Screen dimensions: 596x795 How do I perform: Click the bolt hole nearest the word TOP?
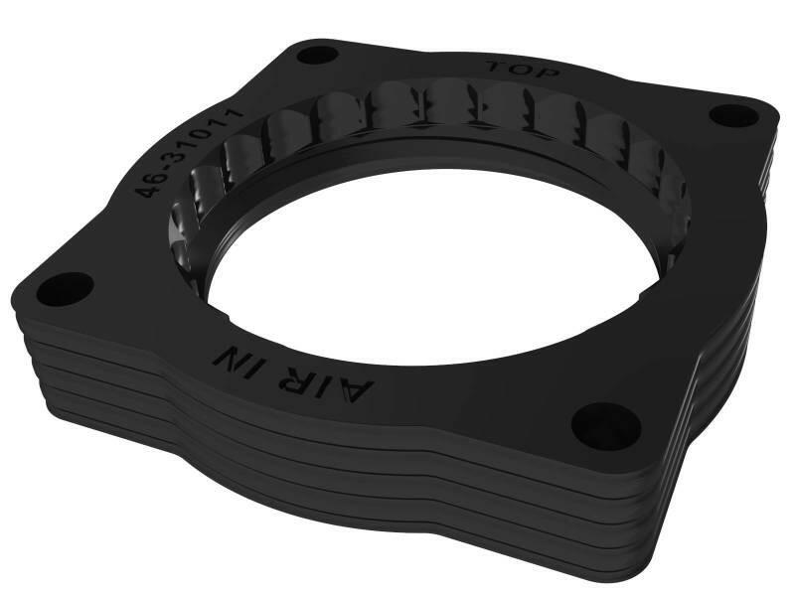[x=318, y=54]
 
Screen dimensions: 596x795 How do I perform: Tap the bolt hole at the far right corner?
[x=734, y=115]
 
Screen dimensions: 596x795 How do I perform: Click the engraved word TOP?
[x=525, y=71]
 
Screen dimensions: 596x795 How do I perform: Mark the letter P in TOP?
[x=550, y=74]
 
